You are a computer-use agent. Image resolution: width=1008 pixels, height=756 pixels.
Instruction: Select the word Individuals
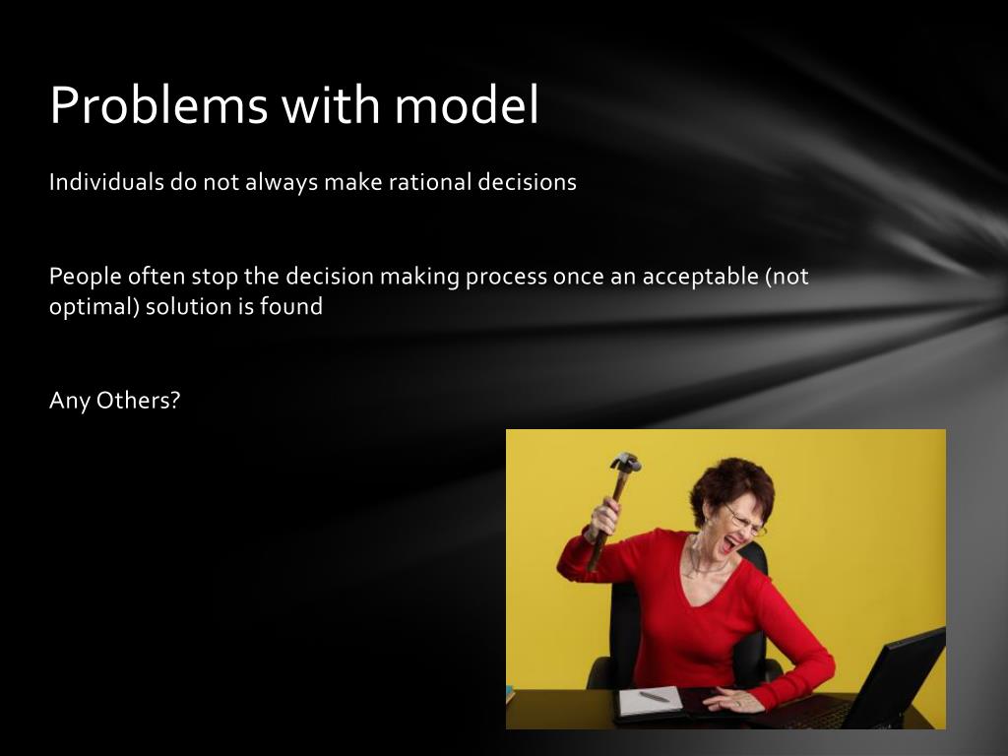pyautogui.click(x=106, y=182)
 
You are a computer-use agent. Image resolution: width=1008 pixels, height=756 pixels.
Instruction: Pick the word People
pyautogui.click(x=86, y=277)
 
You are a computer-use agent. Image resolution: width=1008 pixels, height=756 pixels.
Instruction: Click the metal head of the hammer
pyautogui.click(x=625, y=462)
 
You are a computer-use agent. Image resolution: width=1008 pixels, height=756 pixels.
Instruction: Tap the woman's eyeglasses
pyautogui.click(x=745, y=522)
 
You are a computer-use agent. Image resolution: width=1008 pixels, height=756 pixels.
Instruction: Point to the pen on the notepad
pyautogui.click(x=655, y=696)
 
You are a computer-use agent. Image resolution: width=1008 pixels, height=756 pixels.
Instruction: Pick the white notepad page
pyautogui.click(x=650, y=701)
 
